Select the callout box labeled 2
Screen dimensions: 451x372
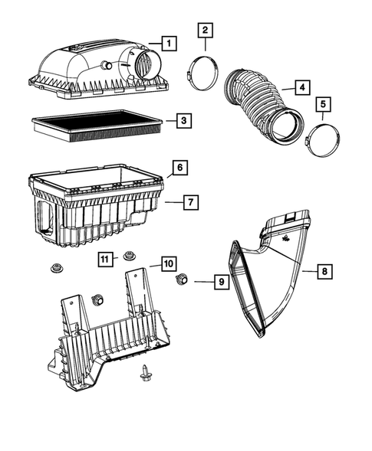206,31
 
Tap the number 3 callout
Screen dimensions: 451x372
182,120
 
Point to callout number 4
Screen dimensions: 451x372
302,87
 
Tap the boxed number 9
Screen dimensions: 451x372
219,282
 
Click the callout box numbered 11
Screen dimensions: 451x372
106,258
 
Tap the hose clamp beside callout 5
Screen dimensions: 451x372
321,140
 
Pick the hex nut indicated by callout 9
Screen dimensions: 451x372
183,279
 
